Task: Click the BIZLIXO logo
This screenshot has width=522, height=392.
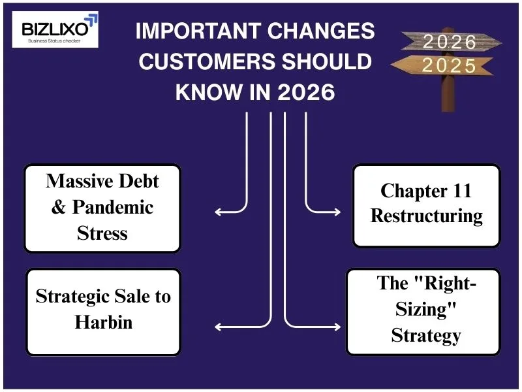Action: [55, 29]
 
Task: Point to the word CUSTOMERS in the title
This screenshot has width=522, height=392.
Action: [208, 62]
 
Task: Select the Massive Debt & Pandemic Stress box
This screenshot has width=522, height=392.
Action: [102, 207]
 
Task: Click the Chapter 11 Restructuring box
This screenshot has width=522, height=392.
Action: [426, 204]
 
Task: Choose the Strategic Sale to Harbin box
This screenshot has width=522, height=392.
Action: [102, 311]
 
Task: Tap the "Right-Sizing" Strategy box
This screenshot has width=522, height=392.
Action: [425, 310]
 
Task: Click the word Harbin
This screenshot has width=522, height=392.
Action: [103, 322]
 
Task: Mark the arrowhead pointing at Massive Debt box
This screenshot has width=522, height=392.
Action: [217, 212]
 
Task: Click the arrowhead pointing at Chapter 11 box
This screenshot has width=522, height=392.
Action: [337, 212]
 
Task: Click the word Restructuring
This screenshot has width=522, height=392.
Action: [426, 216]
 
